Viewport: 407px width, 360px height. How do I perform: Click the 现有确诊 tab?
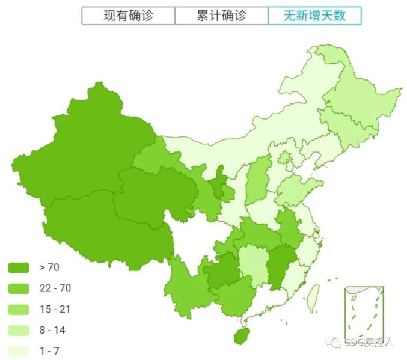point(129,16)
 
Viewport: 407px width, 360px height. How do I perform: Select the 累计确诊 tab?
point(221,16)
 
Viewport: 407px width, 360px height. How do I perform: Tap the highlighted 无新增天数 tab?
point(314,16)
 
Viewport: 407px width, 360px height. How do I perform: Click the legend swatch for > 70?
point(19,267)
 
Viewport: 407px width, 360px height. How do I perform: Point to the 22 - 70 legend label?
point(55,288)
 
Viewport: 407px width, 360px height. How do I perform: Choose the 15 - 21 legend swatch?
point(19,309)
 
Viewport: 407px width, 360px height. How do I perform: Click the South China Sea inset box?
point(363,313)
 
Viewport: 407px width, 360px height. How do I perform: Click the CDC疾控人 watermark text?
point(369,343)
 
